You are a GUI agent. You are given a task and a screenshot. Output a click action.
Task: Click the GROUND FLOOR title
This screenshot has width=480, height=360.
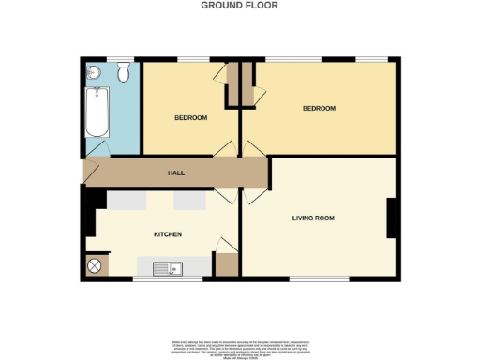(239, 5)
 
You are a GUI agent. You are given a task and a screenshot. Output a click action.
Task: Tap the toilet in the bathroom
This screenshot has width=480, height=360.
(124, 71)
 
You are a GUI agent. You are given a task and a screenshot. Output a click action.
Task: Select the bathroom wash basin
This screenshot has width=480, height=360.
(93, 72)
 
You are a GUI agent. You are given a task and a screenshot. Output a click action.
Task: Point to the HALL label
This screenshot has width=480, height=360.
(176, 173)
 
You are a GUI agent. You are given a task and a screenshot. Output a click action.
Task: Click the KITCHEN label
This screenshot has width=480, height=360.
(167, 233)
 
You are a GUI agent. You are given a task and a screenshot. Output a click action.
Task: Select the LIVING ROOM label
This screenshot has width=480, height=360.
(312, 217)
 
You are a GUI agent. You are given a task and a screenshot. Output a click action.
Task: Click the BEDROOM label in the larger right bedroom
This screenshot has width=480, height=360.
(319, 109)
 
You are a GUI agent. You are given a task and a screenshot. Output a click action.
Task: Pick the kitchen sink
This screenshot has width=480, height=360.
(170, 268)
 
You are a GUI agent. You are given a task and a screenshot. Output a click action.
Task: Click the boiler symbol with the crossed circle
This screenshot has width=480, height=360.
(95, 266)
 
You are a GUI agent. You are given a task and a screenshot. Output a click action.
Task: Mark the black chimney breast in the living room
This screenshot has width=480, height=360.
(393, 218)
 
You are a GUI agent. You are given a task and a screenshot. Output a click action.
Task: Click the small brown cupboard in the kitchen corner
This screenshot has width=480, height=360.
(225, 264)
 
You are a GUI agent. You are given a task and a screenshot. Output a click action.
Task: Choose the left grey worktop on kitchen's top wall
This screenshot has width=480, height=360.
(125, 201)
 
